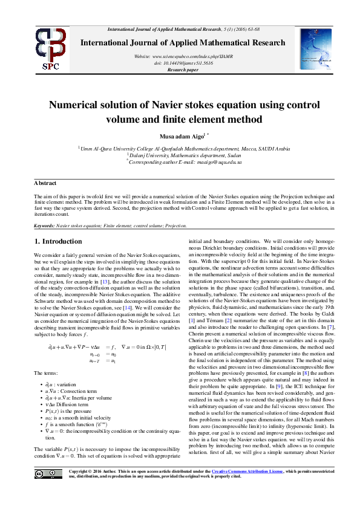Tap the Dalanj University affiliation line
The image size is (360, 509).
182,155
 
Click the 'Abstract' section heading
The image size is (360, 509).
45,183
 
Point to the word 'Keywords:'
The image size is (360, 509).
44,225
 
